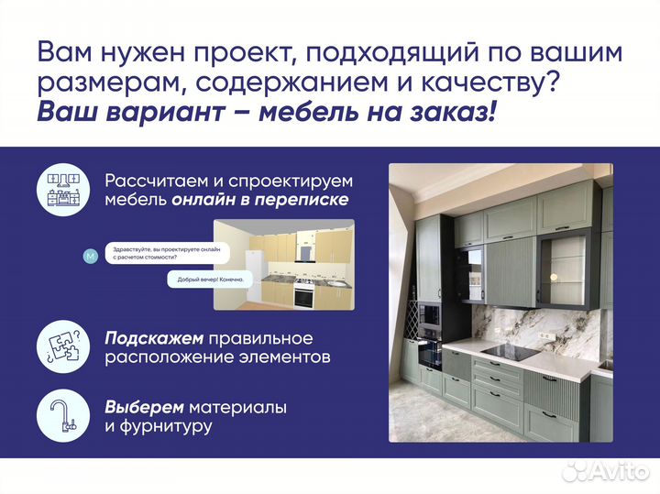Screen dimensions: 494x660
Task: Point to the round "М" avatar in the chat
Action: (89, 256)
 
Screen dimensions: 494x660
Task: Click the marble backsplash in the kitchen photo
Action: (532, 324)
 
